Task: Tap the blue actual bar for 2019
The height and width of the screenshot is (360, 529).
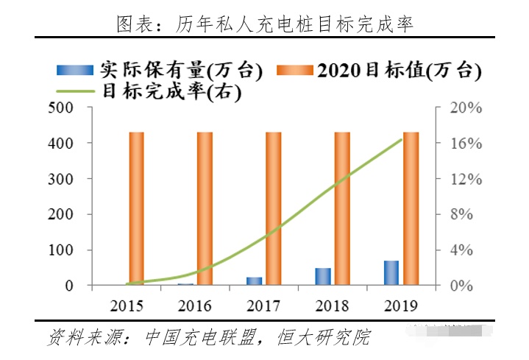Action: pyautogui.click(x=391, y=272)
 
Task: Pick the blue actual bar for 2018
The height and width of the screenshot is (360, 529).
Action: pyautogui.click(x=323, y=276)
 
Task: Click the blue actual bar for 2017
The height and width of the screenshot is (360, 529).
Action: pyautogui.click(x=254, y=280)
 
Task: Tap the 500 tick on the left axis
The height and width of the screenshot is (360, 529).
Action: pyautogui.click(x=60, y=107)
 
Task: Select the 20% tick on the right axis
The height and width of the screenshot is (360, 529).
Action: pyautogui.click(x=466, y=107)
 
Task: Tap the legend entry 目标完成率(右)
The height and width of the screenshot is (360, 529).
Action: pyautogui.click(x=169, y=92)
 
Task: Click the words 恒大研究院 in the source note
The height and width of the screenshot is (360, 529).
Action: pyautogui.click(x=324, y=338)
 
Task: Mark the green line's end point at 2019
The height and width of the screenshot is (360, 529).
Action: pyautogui.click(x=401, y=140)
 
